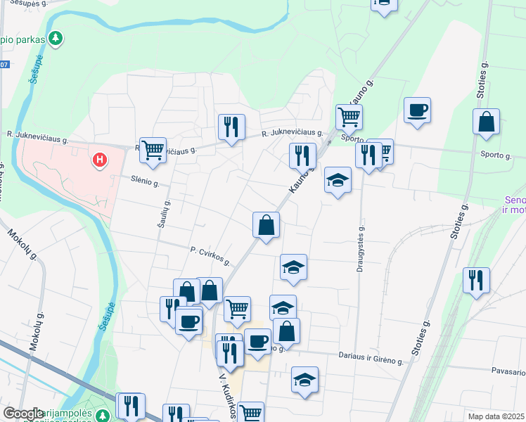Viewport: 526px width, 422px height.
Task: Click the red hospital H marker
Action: (x=101, y=160)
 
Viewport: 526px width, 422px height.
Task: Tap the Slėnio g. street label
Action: (x=146, y=181)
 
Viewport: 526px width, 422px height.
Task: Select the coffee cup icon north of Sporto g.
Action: (x=418, y=110)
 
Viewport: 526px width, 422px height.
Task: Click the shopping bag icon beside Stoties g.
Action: (x=486, y=122)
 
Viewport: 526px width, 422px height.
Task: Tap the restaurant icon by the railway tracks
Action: (x=476, y=280)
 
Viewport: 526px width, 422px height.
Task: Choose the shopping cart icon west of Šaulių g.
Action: (x=153, y=149)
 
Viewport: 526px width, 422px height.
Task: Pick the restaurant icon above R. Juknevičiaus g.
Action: (x=231, y=127)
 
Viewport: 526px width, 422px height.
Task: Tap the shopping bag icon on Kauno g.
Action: (x=267, y=225)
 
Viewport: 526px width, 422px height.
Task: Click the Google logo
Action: (x=23, y=414)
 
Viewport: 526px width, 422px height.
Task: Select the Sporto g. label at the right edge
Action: (x=496, y=155)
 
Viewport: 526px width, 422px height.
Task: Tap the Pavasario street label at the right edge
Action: (x=508, y=371)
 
